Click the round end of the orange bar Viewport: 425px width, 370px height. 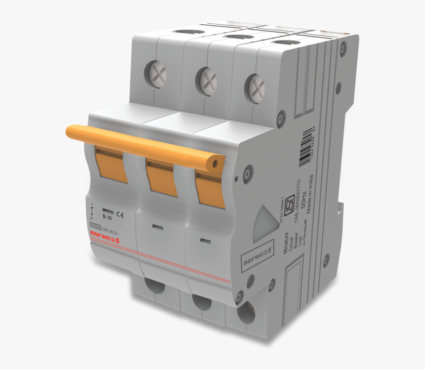(215, 164)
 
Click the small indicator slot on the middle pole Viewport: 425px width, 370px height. (158, 227)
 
